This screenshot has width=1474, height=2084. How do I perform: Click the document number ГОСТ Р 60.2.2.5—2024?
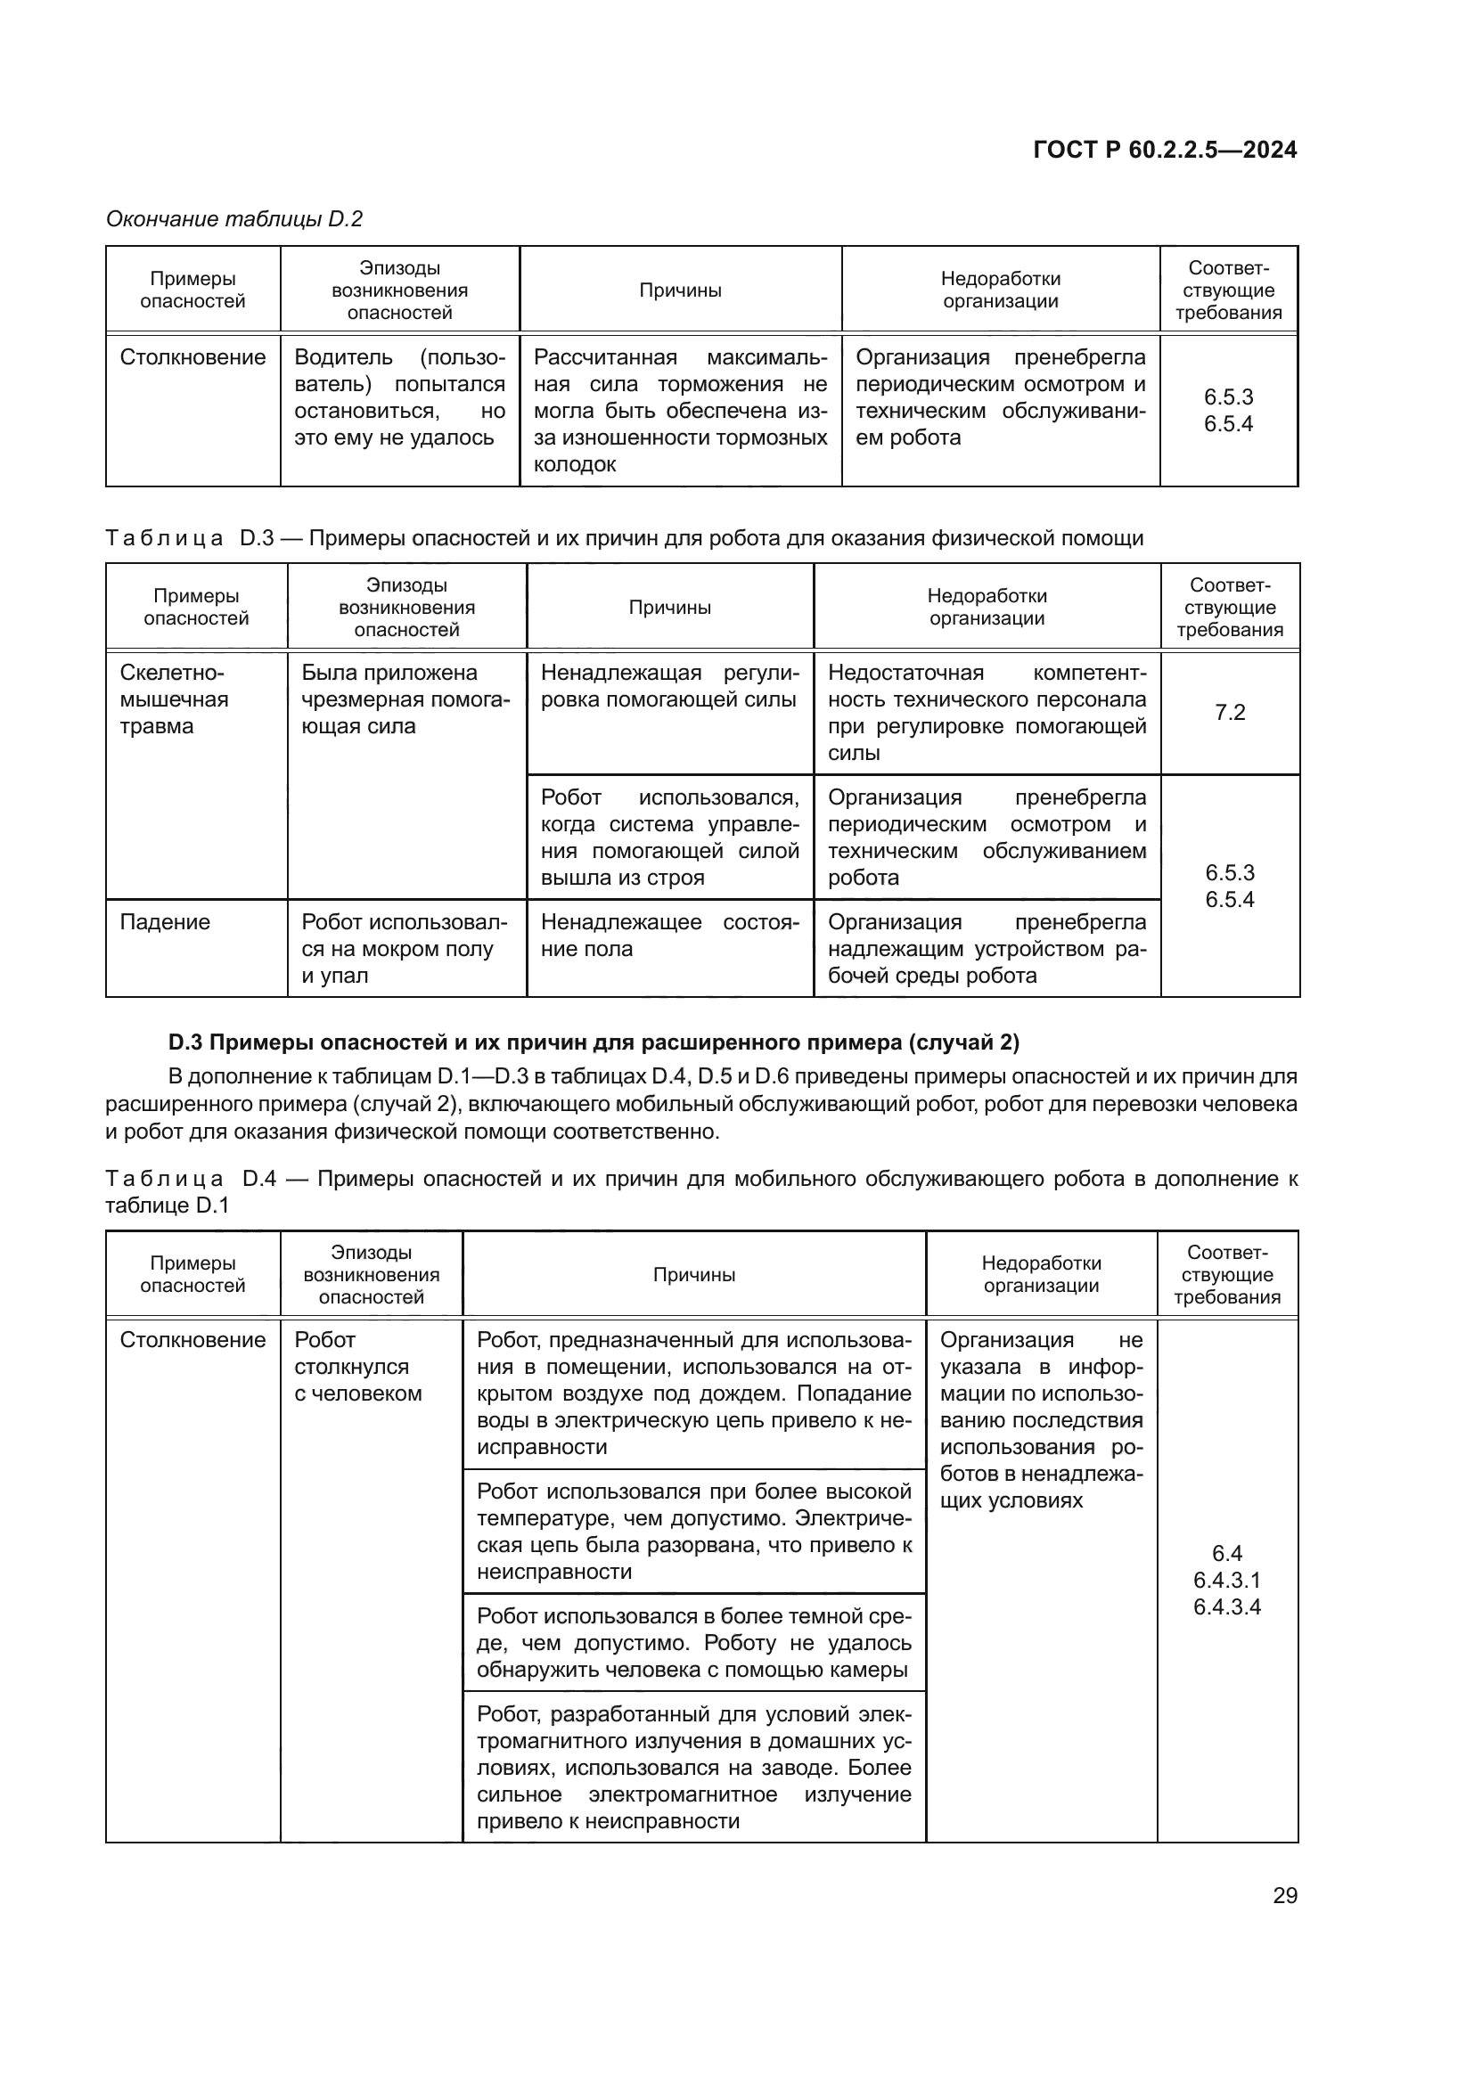click(x=1165, y=150)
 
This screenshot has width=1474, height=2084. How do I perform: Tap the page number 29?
click(x=1284, y=1895)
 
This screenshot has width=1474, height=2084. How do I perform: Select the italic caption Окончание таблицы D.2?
click(x=234, y=219)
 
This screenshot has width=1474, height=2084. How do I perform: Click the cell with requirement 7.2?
click(x=1229, y=713)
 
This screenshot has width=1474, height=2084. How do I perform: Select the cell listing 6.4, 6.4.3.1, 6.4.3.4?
click(x=1226, y=1581)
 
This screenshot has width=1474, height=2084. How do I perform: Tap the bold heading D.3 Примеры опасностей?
click(x=594, y=1042)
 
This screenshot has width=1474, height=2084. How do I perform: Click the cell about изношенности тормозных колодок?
click(x=680, y=410)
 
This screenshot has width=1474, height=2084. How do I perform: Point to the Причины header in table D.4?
click(x=693, y=1274)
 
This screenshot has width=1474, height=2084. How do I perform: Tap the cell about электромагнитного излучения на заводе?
click(x=693, y=1767)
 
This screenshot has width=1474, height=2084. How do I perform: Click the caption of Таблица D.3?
click(x=624, y=538)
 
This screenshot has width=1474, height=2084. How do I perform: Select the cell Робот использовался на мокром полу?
click(x=405, y=949)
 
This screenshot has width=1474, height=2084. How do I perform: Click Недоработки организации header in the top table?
click(x=1000, y=290)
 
